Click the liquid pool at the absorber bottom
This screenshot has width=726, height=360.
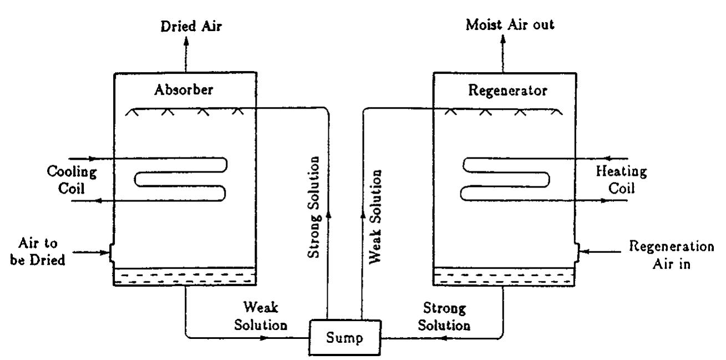(185, 277)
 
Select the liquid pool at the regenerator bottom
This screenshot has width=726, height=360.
(504, 277)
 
